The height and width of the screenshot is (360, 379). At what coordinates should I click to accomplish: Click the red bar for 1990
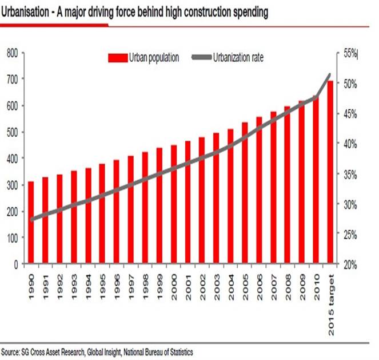point(31,223)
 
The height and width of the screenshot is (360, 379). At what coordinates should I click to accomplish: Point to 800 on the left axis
point(12,53)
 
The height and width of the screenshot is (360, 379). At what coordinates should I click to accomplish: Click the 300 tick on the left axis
point(12,185)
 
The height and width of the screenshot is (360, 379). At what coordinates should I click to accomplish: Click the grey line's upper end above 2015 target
point(330,74)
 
